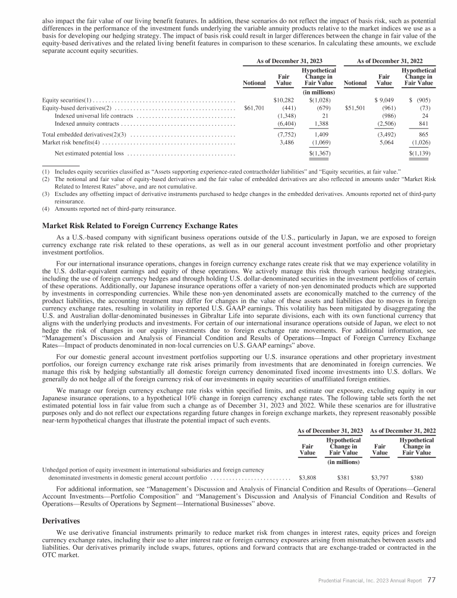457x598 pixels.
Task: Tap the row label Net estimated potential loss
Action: [x=89, y=154]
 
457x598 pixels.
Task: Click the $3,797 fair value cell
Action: [x=380, y=478]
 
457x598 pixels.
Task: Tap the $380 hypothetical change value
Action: [x=418, y=478]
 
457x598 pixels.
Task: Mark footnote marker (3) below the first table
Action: [x=45, y=194]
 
